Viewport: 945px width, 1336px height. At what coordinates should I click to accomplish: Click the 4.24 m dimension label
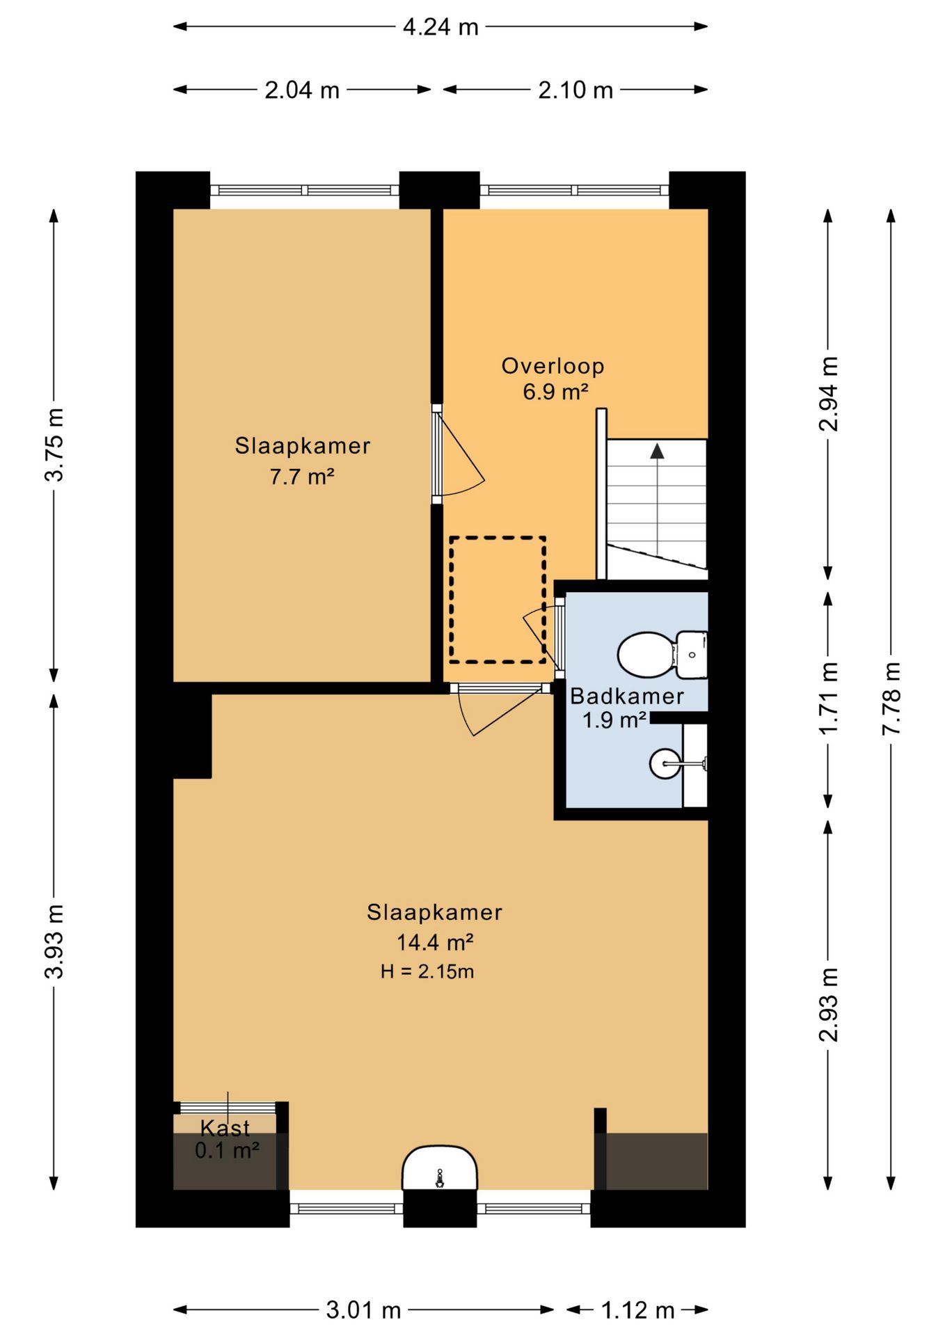pos(440,27)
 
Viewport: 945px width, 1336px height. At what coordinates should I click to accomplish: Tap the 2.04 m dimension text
pos(302,90)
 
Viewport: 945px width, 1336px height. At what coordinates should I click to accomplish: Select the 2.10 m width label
pos(575,90)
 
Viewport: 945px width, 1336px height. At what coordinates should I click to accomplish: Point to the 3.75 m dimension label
pos(54,445)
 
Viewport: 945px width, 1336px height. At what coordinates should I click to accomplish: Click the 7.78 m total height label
pos(891,699)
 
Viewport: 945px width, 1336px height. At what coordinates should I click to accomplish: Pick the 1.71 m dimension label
pos(828,699)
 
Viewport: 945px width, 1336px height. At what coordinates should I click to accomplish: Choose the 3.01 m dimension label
pos(364,1310)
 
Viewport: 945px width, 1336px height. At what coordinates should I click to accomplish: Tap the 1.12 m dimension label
pos(637,1310)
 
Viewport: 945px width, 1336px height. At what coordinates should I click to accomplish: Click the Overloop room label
pos(553,366)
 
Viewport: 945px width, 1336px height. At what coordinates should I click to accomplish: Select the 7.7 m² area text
pos(302,477)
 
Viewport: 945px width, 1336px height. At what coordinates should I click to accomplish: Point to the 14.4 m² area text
pos(435,942)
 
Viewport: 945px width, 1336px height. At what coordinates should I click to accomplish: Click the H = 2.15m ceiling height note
pos(427,971)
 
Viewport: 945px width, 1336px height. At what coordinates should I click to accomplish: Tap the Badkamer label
pos(627,696)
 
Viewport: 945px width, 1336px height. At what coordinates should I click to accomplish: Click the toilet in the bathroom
pos(662,654)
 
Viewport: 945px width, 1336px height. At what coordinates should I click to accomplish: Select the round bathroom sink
pos(666,763)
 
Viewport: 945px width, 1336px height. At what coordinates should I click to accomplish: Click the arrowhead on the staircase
pos(657,452)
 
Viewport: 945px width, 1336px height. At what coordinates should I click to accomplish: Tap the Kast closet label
pos(225,1128)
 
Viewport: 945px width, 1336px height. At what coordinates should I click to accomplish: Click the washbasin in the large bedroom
pos(440,1169)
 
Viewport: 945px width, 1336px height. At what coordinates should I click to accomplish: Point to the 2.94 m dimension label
pos(828,394)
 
